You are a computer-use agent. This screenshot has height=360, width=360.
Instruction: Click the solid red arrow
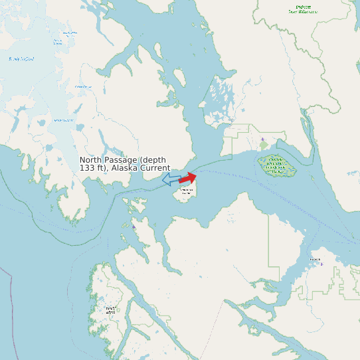[188, 177]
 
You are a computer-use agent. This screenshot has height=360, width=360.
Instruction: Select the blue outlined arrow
[171, 179]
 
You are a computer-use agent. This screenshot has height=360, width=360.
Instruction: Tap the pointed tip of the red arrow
[197, 175]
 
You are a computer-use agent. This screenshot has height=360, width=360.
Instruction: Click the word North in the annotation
[92, 160]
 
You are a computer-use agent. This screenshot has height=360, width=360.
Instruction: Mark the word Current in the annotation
[156, 168]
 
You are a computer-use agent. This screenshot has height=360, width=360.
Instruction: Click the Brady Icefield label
[21, 59]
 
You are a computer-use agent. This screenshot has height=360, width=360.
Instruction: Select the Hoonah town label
[315, 259]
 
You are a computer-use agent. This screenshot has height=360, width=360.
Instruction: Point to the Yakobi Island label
[110, 310]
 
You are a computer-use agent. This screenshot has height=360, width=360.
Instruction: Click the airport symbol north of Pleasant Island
[263, 139]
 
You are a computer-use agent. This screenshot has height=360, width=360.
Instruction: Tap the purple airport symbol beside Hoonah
[322, 264]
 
